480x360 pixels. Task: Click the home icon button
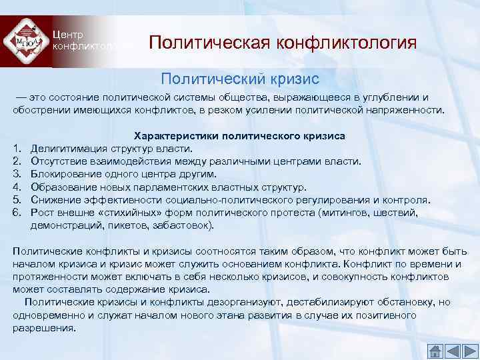click(435, 351)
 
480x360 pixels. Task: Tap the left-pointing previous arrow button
click(452, 351)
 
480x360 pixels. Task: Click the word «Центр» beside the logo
click(67, 34)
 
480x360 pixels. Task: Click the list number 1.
click(17, 148)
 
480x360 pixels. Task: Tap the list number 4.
click(17, 187)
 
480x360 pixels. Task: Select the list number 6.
click(17, 213)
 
